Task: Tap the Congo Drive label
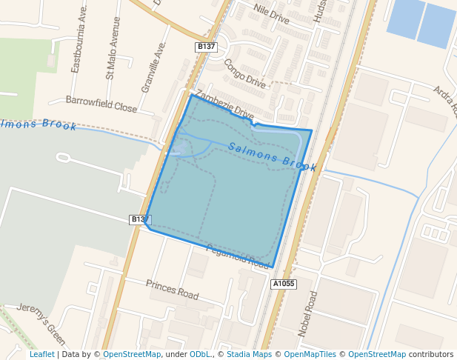[x=244, y=73]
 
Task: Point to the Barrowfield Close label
[x=101, y=104]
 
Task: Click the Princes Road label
[x=173, y=289]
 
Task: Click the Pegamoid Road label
[x=237, y=256]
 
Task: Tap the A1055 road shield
[x=284, y=284]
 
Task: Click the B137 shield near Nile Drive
[x=206, y=47]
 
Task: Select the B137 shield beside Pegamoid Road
[x=140, y=219]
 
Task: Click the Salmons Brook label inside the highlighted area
[x=273, y=157]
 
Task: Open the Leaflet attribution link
[x=42, y=355]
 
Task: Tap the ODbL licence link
[x=199, y=355]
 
